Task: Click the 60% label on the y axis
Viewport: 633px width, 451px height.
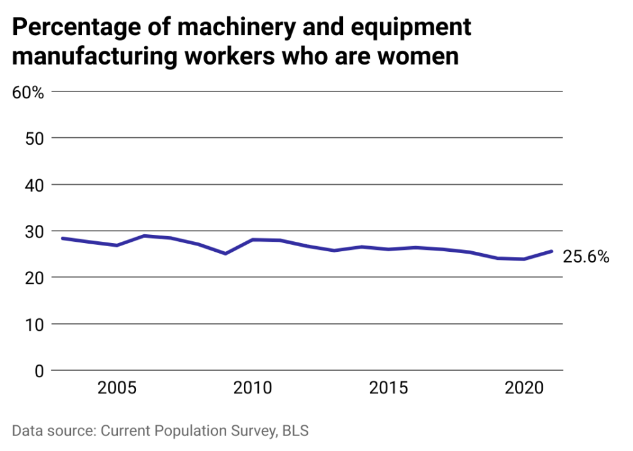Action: click(28, 93)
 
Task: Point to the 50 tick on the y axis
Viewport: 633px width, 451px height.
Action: click(34, 138)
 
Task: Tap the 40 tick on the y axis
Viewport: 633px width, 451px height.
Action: click(34, 185)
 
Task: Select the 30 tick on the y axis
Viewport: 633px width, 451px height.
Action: click(34, 231)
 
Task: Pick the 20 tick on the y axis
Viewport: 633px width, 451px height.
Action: click(34, 277)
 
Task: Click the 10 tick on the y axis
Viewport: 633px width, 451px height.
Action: click(34, 324)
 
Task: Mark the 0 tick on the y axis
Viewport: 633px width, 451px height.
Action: click(39, 370)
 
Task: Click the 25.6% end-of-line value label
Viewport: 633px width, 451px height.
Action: click(586, 257)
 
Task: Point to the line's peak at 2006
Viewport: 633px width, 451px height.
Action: click(144, 236)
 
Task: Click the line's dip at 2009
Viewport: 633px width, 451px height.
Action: click(226, 254)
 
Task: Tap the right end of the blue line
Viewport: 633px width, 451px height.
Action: click(552, 251)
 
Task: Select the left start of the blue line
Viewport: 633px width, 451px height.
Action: click(62, 239)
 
